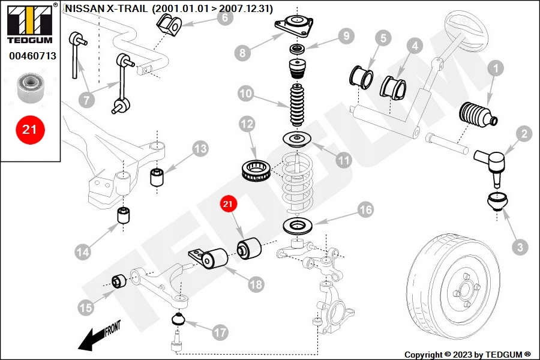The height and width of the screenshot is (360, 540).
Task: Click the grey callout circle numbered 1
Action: (496, 70)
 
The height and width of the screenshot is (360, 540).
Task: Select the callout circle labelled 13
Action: (200, 148)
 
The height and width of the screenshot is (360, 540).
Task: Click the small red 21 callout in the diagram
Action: (228, 205)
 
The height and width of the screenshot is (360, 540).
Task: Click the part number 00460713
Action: (32, 56)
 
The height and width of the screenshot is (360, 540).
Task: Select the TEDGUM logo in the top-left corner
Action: (29, 24)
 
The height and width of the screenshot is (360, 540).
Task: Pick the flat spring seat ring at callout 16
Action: (298, 227)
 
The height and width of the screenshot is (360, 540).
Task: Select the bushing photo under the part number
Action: (29, 86)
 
